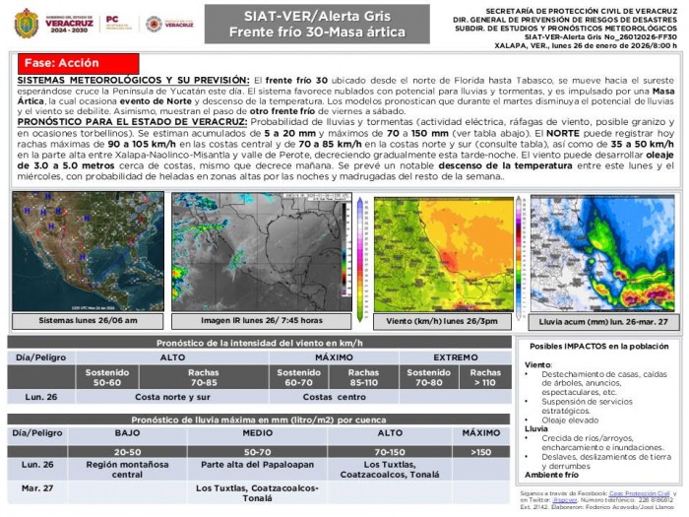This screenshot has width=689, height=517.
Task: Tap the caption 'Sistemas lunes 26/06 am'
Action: coord(88,321)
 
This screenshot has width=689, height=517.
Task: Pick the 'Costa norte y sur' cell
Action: coord(173,396)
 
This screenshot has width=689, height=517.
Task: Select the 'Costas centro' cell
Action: coord(334,396)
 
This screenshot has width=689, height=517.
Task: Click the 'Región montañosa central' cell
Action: coord(127,468)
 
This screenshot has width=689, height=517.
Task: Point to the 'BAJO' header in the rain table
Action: coord(127,432)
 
